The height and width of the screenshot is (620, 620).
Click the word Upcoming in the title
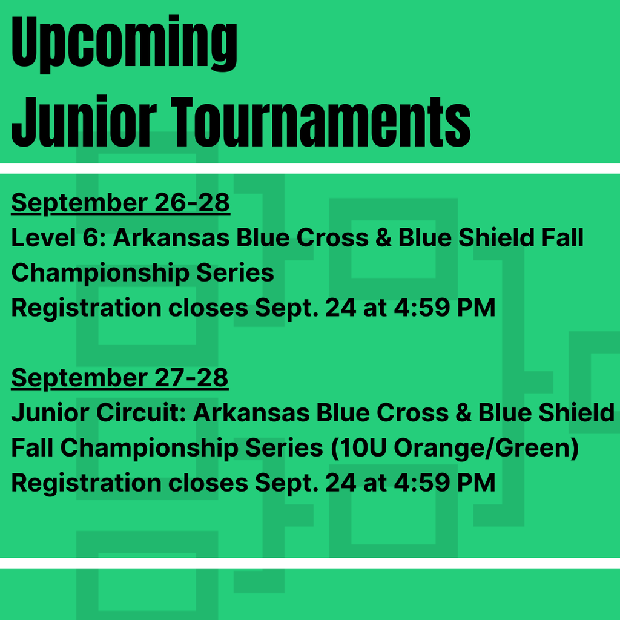point(124,44)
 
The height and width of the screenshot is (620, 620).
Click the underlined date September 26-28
point(120,203)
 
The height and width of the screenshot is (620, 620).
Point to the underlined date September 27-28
point(120,378)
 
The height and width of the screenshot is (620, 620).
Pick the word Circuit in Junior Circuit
point(141,413)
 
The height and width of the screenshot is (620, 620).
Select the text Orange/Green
point(483,449)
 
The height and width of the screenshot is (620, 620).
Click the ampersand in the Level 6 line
point(383,237)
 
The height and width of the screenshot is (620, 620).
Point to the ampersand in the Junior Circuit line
point(463,413)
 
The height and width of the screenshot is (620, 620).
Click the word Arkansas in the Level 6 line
point(171,237)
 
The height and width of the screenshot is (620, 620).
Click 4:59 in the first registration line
point(422,308)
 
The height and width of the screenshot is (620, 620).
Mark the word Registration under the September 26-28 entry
point(86,308)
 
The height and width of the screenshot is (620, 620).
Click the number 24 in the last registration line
point(340,483)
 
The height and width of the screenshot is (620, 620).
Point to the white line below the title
point(310,168)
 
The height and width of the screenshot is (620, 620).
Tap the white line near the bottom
point(310,563)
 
